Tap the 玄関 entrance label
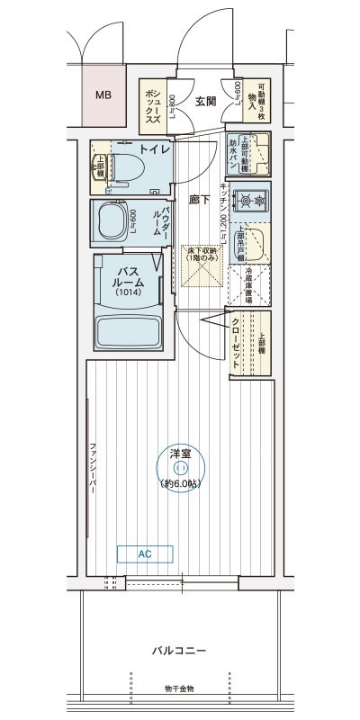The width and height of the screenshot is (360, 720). pos(205,102)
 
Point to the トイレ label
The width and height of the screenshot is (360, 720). pos(154,149)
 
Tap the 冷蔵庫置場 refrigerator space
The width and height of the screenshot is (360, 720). pos(250,286)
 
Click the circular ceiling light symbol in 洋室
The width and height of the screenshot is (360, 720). pos(181,467)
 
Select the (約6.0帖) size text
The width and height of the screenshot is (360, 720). pos(181,483)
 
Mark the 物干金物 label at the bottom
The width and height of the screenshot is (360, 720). pos(178,688)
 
